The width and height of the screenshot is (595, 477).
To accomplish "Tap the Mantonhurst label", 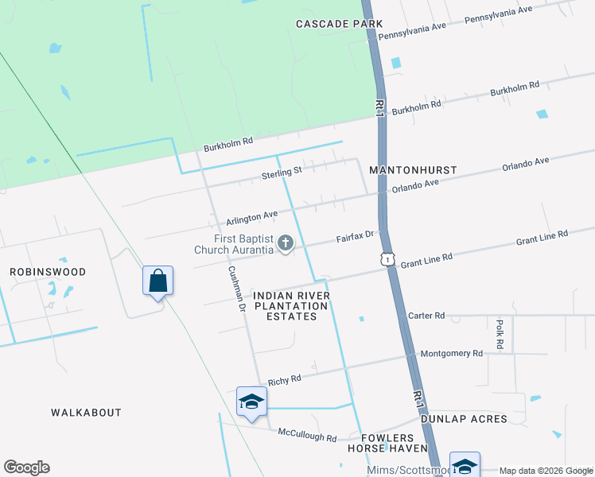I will (x=413, y=170).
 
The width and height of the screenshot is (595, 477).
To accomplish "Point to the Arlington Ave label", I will (x=252, y=215).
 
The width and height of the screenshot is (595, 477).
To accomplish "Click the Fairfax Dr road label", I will (x=355, y=237).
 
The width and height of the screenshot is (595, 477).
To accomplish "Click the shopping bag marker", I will (x=158, y=281).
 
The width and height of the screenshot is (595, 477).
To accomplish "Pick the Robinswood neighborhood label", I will (x=48, y=272).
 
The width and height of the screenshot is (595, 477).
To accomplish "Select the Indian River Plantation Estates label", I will (x=291, y=306).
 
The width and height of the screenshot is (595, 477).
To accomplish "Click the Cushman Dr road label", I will (x=236, y=282).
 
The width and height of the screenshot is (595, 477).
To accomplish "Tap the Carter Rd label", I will (x=426, y=316).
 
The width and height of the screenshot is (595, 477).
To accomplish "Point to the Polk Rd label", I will (x=500, y=335).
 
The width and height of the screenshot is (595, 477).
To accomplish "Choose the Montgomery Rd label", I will (x=451, y=353).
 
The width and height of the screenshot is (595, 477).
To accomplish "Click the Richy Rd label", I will (x=284, y=380).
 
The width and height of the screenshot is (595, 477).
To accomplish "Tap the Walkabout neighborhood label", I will (x=86, y=413).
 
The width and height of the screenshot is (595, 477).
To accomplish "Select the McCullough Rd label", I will (x=307, y=436).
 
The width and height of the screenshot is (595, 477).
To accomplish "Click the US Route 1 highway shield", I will (x=387, y=259).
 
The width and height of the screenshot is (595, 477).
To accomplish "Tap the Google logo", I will (x=26, y=467).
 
